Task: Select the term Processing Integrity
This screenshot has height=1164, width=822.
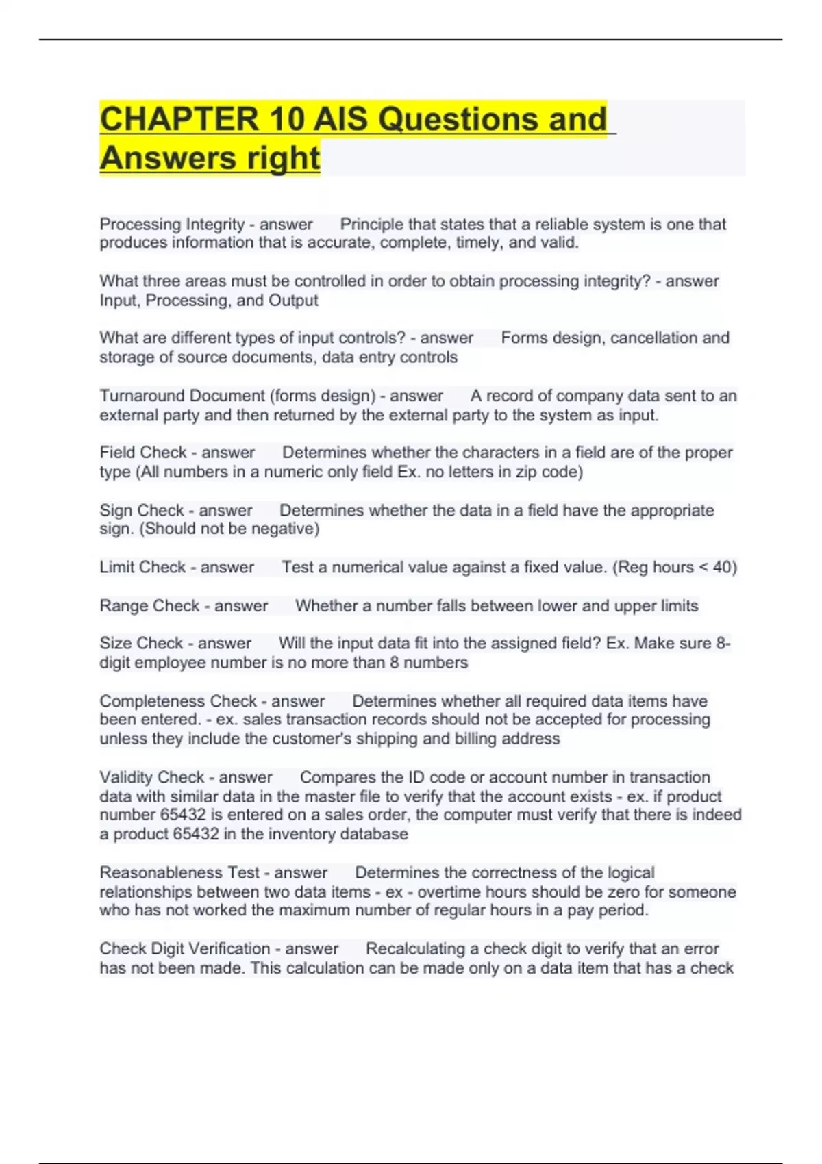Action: tap(172, 224)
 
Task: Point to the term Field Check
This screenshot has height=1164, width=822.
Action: tap(142, 453)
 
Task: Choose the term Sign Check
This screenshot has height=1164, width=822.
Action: tap(142, 510)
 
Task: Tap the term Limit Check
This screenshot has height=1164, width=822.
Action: tap(142, 567)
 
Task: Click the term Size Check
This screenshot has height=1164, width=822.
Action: tap(140, 644)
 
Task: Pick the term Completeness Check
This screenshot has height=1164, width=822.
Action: tap(178, 701)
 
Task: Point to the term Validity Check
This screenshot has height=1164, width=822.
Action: tap(152, 777)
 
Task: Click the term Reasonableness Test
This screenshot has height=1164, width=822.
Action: tap(179, 872)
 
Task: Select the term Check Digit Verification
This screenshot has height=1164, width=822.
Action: tap(185, 948)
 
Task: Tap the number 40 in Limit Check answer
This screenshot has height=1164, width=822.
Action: tap(722, 567)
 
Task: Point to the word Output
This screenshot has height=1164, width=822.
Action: tap(293, 301)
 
